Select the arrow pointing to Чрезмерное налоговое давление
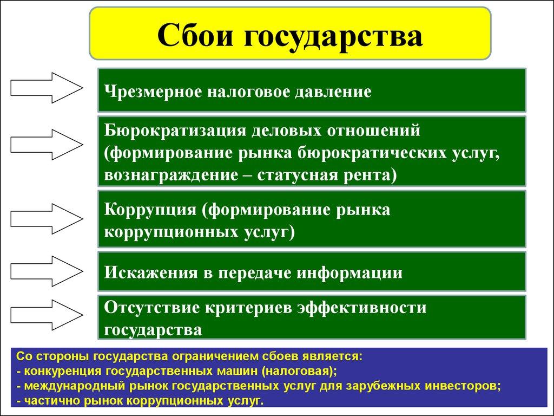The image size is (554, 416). pyautogui.click(x=47, y=87)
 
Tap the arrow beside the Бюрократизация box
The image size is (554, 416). pyautogui.click(x=47, y=144)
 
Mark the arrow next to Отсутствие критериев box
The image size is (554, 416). pyautogui.click(x=47, y=314)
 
